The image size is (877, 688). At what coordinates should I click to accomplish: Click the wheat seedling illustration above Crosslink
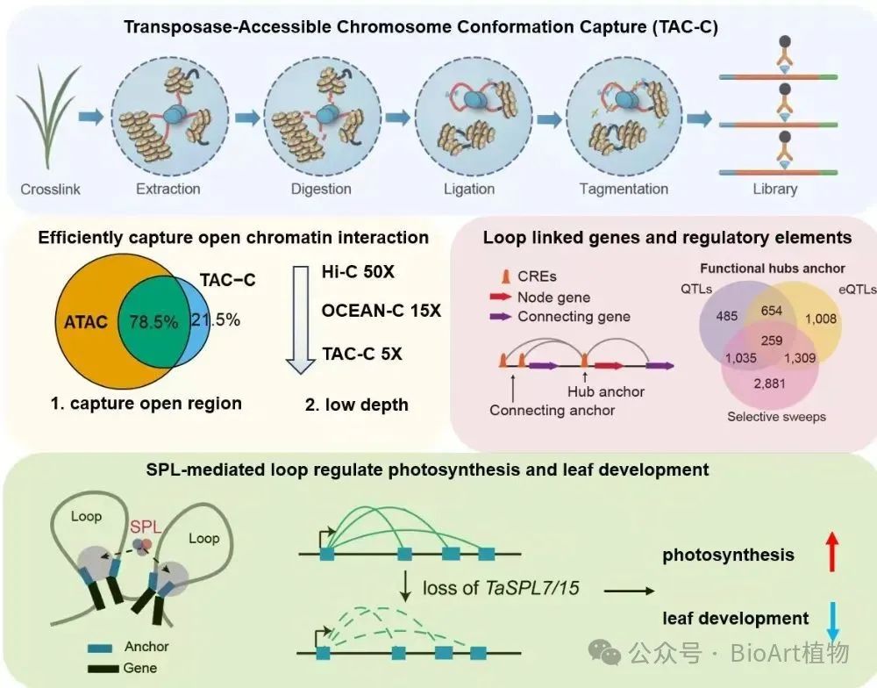(47, 118)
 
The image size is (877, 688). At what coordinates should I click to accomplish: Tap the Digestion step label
(321, 190)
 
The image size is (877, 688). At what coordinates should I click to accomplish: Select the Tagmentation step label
(624, 190)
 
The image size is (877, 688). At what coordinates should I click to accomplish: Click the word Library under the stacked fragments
(774, 190)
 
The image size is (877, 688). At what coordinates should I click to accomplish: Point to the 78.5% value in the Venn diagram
(153, 322)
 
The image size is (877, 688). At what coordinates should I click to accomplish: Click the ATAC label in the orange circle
(86, 322)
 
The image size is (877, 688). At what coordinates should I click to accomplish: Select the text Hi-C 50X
(358, 272)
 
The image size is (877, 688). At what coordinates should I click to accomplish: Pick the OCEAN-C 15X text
(381, 310)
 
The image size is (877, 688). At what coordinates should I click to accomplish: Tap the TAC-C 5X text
(362, 354)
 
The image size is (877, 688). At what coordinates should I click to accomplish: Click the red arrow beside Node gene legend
(501, 297)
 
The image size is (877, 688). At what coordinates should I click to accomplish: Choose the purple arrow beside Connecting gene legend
(501, 316)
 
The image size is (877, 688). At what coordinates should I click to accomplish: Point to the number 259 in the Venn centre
(771, 340)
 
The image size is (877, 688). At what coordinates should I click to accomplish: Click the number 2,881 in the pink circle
(770, 383)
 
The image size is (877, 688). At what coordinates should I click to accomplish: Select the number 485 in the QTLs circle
(726, 316)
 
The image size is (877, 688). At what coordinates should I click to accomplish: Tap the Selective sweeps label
(776, 417)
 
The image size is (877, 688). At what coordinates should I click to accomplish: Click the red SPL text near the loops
(146, 527)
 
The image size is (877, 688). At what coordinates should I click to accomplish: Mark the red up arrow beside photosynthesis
(832, 551)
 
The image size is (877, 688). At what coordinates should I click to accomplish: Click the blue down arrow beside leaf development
(833, 621)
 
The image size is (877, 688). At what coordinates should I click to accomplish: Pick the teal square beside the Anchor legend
(100, 649)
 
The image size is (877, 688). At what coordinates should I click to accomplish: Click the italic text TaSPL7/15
(532, 588)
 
